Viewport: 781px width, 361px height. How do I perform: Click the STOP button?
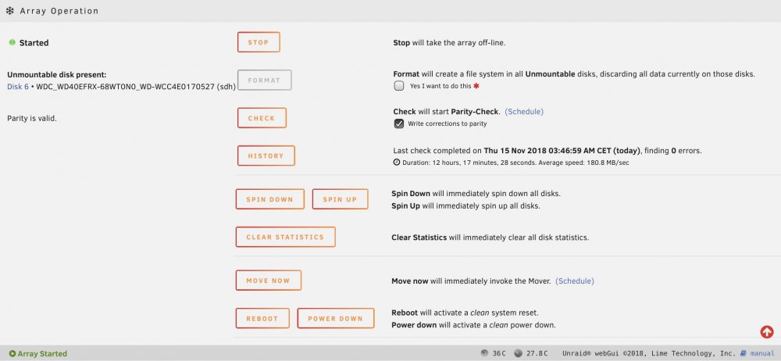coord(259,42)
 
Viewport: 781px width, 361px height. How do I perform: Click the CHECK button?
coord(262,118)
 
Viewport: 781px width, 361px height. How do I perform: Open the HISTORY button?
coord(266,155)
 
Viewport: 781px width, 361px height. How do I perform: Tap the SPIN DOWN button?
coord(269,199)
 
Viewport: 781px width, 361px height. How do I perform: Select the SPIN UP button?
coord(341,199)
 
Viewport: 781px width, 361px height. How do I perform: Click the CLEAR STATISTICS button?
coord(285,237)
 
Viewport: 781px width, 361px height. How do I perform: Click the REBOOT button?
coord(262,318)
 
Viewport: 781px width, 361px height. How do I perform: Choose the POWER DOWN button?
coord(336,318)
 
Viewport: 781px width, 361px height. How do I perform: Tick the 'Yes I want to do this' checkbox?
coord(399,86)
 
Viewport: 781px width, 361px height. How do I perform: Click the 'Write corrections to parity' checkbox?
coord(399,123)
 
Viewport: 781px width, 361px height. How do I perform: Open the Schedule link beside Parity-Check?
coord(524,112)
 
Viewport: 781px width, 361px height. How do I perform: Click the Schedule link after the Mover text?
coord(575,281)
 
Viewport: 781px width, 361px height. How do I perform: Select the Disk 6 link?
coord(18,87)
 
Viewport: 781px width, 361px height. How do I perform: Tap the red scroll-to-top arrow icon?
coord(767,331)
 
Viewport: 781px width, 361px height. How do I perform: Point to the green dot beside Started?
coord(12,42)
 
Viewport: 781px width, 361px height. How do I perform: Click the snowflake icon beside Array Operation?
coord(10,10)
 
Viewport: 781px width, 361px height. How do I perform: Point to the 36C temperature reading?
coord(499,353)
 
